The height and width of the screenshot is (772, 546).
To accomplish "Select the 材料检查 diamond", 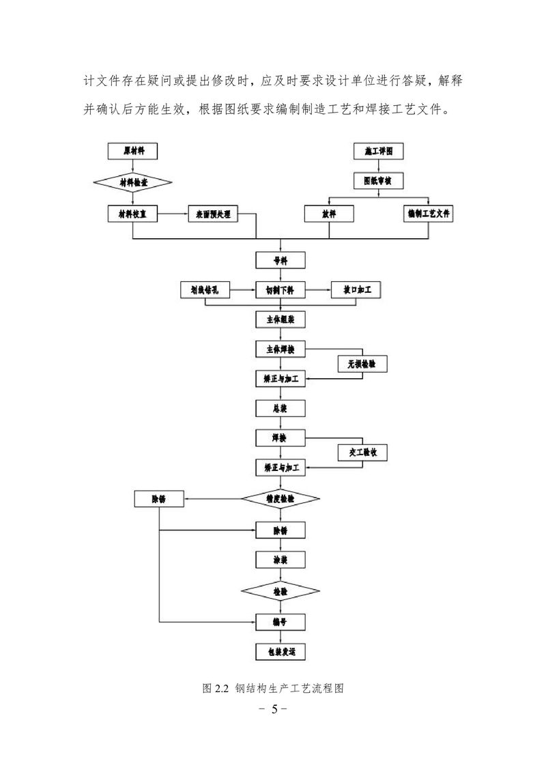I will (133, 182).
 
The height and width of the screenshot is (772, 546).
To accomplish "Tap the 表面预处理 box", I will (212, 214).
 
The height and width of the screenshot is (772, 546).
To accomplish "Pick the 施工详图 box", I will (377, 151).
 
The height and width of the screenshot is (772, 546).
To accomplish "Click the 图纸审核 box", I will (377, 182).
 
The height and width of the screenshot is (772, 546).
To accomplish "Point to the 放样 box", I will (329, 214).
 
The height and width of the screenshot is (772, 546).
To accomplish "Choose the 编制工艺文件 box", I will (428, 214).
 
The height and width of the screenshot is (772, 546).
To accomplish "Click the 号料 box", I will (281, 260).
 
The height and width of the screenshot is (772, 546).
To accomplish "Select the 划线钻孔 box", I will (205, 290).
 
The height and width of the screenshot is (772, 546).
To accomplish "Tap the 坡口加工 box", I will (356, 290).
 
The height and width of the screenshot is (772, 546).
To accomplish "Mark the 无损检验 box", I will (362, 364).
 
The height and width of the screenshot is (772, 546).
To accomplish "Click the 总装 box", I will (281, 408).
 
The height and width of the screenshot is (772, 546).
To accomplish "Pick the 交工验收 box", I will (363, 452).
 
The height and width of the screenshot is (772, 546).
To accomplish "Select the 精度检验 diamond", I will (281, 499).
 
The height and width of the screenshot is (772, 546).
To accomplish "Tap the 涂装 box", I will (281, 559).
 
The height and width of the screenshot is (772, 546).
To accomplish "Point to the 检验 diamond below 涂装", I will (281, 590).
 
